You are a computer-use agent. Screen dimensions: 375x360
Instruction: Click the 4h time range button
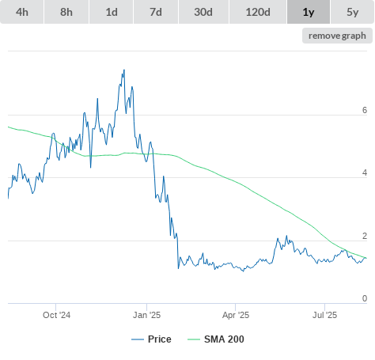(22, 12)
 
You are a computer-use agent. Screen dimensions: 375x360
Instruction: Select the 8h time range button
(66, 12)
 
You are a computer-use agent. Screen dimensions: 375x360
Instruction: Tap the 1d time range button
(112, 12)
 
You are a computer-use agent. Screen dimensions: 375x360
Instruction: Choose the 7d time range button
(156, 12)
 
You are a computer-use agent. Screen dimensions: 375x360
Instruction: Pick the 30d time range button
(203, 12)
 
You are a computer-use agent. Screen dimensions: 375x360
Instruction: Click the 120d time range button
(258, 12)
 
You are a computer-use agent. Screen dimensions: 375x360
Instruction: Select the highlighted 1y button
(309, 12)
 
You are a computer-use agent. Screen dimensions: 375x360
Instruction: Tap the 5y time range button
(353, 12)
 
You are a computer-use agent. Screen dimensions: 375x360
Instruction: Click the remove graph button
(337, 36)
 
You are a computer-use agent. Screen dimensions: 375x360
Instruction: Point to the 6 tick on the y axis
(365, 110)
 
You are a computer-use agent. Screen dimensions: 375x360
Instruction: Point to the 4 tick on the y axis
(365, 172)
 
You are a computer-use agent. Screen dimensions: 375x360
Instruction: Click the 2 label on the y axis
(365, 236)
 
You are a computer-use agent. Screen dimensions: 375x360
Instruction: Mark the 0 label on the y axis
(365, 298)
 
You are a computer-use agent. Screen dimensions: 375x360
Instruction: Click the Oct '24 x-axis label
(56, 315)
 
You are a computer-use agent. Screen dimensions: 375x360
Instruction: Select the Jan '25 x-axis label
(146, 315)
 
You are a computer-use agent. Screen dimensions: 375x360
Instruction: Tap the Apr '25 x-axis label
(236, 315)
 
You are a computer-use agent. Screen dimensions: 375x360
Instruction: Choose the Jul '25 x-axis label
(324, 315)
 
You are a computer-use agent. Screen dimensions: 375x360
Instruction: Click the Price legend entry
(151, 339)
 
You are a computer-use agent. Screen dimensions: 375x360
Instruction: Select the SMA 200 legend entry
(216, 339)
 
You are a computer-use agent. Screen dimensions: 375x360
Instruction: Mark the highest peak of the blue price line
(124, 70)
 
